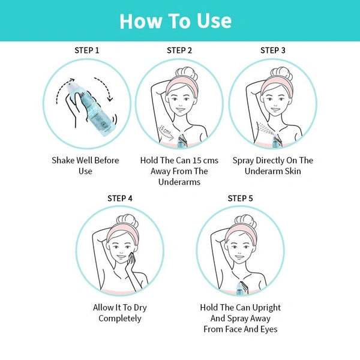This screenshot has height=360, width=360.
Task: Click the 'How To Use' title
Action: click(176, 21)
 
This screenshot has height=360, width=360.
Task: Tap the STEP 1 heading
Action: click(87, 50)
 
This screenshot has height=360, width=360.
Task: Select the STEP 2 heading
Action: click(179, 50)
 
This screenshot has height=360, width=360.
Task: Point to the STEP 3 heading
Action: click(273, 50)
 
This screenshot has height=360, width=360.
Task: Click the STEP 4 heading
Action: click(120, 198)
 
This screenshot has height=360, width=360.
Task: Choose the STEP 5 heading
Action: click(240, 198)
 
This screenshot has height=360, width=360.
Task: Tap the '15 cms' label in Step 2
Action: click(166, 130)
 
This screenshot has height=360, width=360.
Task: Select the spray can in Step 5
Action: click(240, 289)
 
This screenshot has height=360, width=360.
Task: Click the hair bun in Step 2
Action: click(187, 73)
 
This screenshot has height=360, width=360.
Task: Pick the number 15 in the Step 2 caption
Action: click(197, 160)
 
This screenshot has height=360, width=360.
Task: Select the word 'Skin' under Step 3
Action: click(293, 171)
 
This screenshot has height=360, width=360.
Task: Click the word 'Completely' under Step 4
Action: click(120, 319)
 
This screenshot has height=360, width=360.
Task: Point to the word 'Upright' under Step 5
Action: click(267, 308)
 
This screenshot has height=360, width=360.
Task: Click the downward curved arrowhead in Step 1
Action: click(110, 99)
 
